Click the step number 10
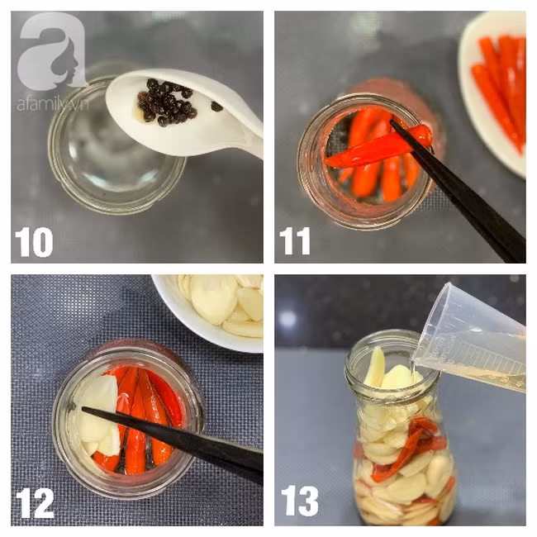pos(34,242)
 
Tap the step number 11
pos(295,241)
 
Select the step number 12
pos(34,503)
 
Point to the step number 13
pos(299,501)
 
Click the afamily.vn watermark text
pos(52,104)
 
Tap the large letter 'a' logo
pos(52,50)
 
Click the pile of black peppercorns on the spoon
pos(166,102)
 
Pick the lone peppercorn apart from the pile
pos(216,107)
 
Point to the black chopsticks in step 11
pos(459,192)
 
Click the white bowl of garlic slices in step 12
pos(209,311)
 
